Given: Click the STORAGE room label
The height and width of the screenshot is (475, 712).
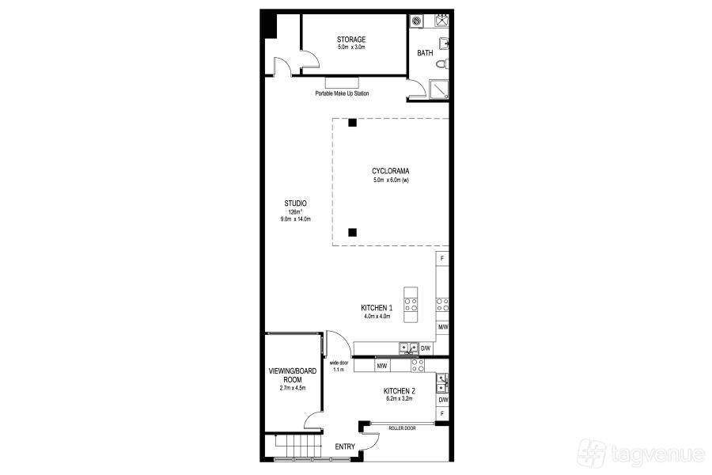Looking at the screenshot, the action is point(351,40).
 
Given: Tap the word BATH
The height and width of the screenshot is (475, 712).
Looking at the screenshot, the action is point(425,53).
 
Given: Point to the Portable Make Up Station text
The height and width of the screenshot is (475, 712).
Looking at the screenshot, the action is point(342,93).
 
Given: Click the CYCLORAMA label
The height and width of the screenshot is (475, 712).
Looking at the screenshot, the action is point(391,171).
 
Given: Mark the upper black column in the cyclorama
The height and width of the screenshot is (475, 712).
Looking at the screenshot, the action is point(352,123).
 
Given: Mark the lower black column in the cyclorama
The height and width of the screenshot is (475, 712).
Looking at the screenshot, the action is point(352,233).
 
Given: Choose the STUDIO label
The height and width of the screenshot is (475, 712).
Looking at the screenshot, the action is point(296,203).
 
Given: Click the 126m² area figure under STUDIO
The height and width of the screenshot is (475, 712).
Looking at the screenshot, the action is point(295,212).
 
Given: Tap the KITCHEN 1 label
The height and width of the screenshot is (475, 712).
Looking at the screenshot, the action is point(377,308).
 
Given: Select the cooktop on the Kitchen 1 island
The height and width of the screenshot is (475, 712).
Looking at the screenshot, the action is point(411,305).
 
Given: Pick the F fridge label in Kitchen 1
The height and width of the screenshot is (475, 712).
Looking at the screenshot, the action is point(442,259).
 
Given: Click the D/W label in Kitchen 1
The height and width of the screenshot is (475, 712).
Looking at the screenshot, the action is point(426,348).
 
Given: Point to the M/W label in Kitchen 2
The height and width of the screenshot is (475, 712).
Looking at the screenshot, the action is point(382,366).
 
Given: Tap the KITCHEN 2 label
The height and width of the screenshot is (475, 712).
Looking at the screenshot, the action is point(400,391).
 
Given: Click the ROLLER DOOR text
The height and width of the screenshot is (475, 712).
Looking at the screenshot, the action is point(402,428).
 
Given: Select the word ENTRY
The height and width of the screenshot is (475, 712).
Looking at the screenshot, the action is point(345,446).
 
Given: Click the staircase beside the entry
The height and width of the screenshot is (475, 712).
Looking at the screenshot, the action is point(298,448).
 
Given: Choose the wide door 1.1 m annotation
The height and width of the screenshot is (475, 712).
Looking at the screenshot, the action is point(339,367).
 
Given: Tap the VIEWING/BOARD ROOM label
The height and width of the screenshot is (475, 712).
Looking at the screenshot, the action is point(293,375).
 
